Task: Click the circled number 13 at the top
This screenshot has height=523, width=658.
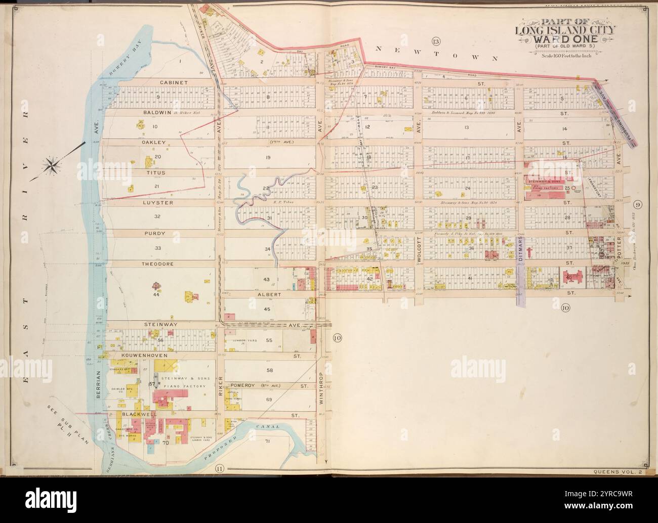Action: click(x=435, y=41)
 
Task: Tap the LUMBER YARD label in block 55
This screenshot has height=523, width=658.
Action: click(x=244, y=341)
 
